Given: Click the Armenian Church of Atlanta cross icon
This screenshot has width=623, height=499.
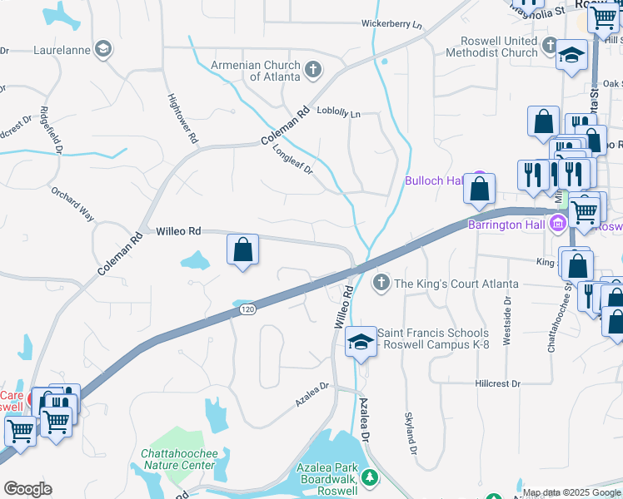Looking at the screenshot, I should pos(313,69).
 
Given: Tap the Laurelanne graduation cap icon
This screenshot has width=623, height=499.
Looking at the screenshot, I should pos(103,49).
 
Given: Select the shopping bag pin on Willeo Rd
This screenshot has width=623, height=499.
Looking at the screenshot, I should pos(242,249).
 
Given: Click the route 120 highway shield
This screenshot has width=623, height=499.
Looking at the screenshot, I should pos(247,309).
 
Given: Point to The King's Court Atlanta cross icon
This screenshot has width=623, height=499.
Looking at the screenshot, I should pos(381,284).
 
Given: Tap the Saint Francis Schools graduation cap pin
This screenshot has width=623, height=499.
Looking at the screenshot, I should pos(361,342).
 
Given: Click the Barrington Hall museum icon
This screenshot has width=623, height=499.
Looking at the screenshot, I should pos(557,223).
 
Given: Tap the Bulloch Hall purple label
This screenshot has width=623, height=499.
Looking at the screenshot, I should pos(433,180).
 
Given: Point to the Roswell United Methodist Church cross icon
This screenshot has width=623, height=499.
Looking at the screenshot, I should pos(550,46).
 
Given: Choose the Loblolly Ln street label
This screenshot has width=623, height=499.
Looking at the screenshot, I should pos(339,114).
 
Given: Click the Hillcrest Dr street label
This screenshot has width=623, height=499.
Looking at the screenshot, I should pos(497,384).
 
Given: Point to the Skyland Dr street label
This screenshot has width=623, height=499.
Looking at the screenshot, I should pos(410,432).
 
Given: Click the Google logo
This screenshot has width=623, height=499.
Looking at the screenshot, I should pos(27,489).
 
